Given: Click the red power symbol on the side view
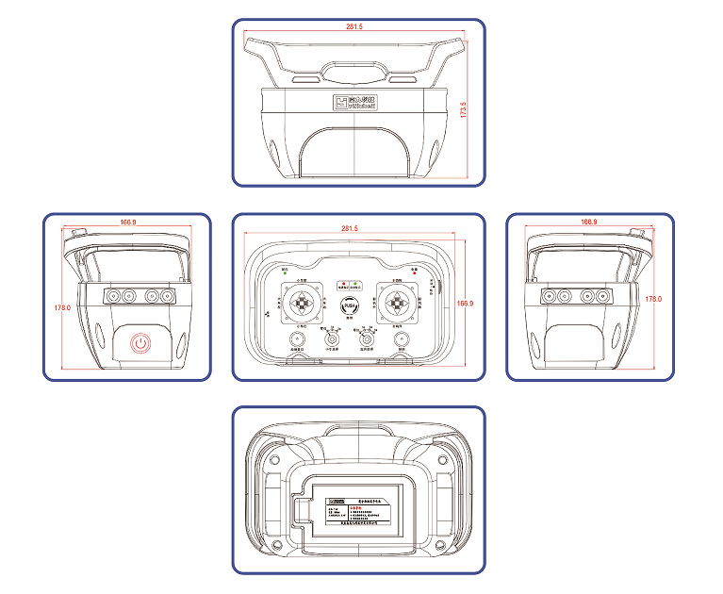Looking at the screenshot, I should point(140,342).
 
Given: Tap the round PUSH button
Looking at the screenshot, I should point(350,305).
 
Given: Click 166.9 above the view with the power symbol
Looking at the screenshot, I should point(128,223).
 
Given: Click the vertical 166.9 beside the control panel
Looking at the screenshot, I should point(464,304).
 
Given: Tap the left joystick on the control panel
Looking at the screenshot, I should point(301,303).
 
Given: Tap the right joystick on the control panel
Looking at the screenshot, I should point(399,303).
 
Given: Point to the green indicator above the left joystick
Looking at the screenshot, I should point(285,275).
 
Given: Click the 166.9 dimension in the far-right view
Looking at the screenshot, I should point(589,223).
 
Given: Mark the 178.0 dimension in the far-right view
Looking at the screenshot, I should point(653,299).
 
